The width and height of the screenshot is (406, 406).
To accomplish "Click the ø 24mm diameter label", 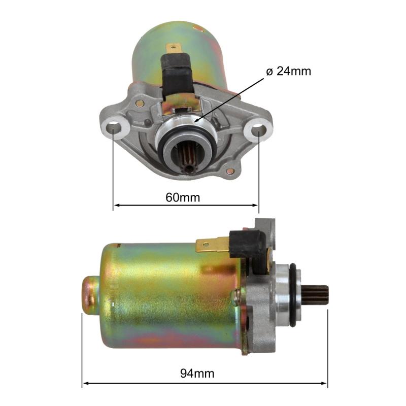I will (x=288, y=71).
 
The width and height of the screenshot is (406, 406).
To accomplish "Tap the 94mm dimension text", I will (x=197, y=374).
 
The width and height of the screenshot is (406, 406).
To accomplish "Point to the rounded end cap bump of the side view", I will (x=89, y=294).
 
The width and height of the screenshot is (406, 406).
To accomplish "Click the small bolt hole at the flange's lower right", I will (x=231, y=171).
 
